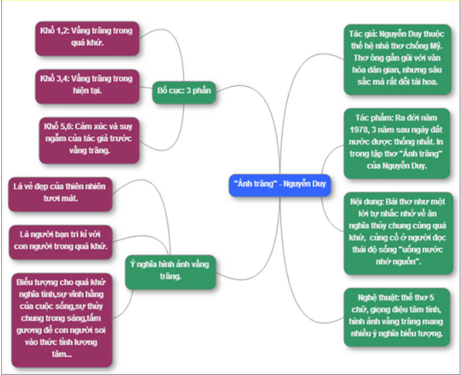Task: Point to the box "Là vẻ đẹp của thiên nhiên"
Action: pyautogui.click(x=61, y=193)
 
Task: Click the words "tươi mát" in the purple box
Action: pyautogui.click(x=61, y=199)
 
